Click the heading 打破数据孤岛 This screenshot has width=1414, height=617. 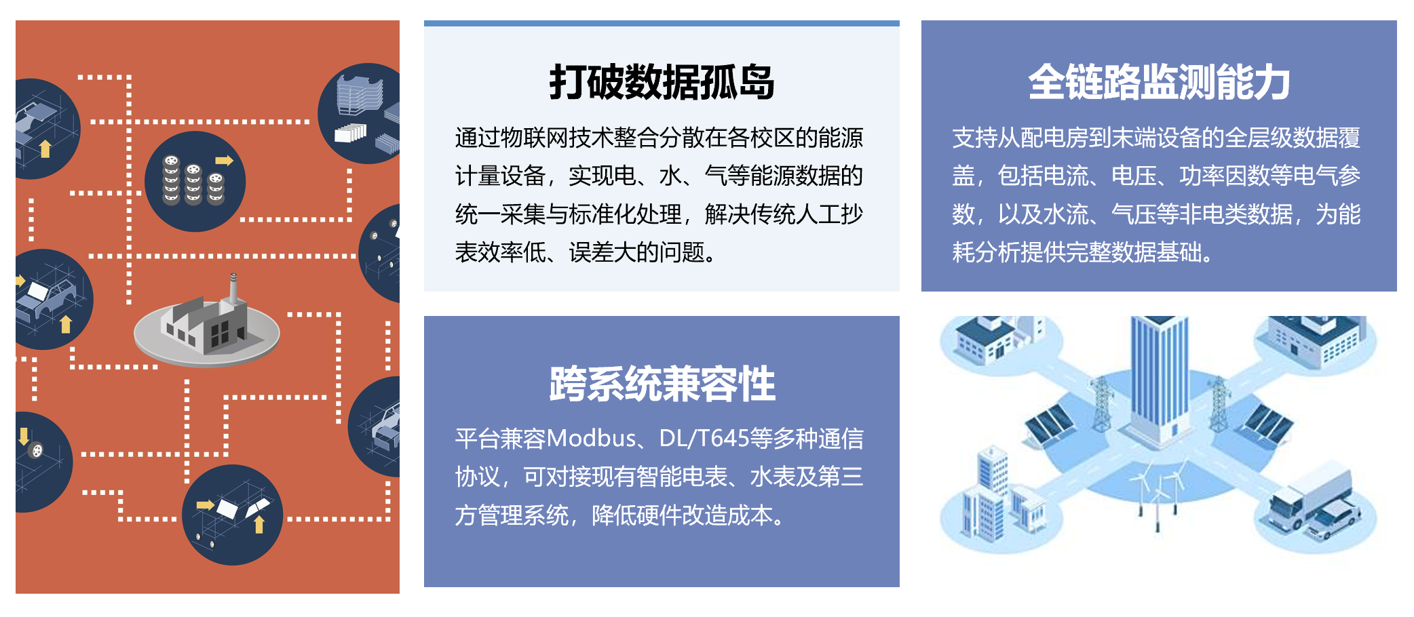(x=662, y=83)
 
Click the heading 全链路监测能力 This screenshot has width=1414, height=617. (x=1159, y=83)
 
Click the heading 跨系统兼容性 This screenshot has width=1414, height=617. (x=662, y=384)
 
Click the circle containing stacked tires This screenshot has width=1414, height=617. (x=195, y=182)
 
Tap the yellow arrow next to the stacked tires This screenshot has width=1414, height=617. (x=224, y=161)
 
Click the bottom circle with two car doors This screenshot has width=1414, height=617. (x=232, y=515)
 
